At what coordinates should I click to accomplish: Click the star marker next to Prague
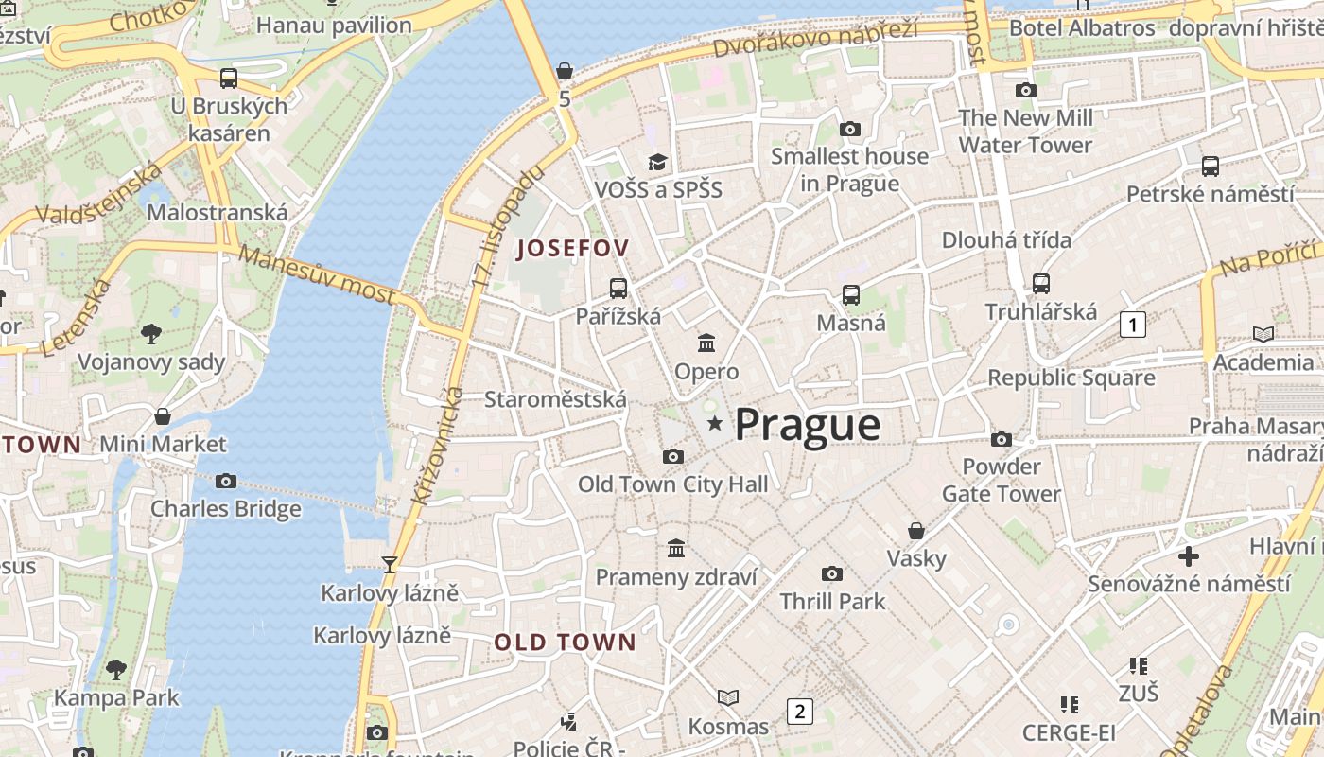[x=715, y=425]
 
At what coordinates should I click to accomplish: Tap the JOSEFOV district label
[x=572, y=249]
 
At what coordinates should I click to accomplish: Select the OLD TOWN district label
[x=565, y=643]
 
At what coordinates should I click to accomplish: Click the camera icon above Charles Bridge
[x=225, y=481]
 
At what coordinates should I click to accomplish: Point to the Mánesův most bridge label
[x=316, y=274]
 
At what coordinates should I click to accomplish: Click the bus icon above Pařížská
[x=618, y=289]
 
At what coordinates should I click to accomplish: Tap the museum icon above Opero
[x=706, y=343]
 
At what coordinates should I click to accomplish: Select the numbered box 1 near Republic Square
[x=1132, y=325]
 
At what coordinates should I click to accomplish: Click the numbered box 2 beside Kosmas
[x=800, y=711]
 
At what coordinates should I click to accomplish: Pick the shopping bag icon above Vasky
[x=915, y=531]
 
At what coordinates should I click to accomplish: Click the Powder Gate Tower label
[x=1002, y=480]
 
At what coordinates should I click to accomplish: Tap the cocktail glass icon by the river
[x=389, y=565]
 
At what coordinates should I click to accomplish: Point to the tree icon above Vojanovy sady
[x=150, y=333]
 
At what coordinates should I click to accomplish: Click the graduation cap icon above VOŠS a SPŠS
[x=657, y=162]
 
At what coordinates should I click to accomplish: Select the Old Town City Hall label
[x=672, y=484]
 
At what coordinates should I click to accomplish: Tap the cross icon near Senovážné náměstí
[x=1188, y=555]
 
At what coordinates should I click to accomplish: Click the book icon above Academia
[x=1263, y=334]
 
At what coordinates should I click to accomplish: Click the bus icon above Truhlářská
[x=1041, y=283]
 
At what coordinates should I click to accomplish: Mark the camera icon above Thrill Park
[x=832, y=573]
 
